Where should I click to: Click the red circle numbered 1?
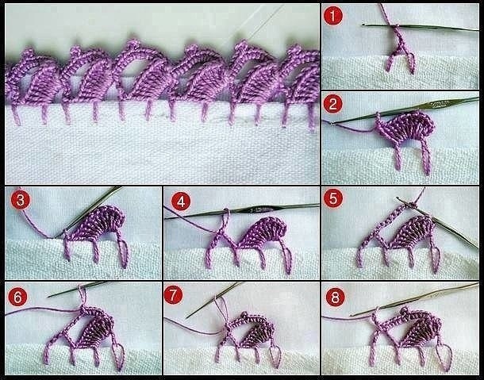coord(332,16)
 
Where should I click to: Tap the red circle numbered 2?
coord(332,104)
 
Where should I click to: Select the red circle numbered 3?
coord(21,200)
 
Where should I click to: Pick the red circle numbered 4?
coord(180,202)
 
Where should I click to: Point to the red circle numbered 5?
coord(333,198)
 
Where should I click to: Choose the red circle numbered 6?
coord(17,297)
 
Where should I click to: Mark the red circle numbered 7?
coord(174,295)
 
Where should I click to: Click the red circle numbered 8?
coord(335,297)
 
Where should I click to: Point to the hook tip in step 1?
coord(364,25)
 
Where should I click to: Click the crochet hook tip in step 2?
coord(331,123)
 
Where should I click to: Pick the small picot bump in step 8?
coord(405,310)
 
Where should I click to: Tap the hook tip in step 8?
coord(351,315)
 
